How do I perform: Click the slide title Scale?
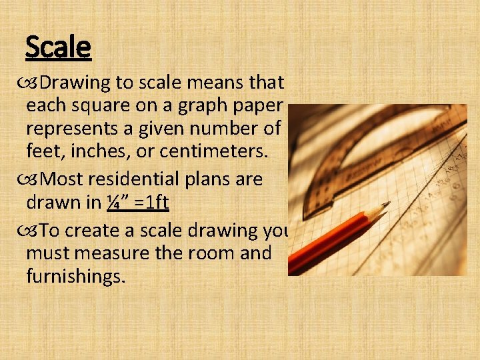pos(57,47)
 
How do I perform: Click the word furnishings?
pos(75,276)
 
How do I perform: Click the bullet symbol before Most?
pos(31,179)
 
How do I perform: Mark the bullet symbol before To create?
pos(31,230)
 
